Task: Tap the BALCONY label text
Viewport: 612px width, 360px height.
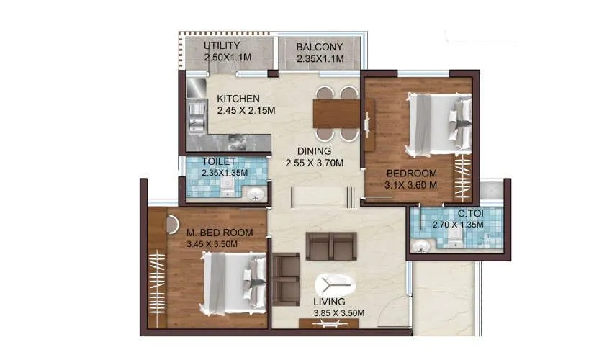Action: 320,48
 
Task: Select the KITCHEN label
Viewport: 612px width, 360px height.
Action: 238,99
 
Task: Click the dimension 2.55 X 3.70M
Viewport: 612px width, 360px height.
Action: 315,163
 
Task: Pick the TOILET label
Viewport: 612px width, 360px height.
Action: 219,161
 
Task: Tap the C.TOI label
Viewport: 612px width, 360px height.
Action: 470,213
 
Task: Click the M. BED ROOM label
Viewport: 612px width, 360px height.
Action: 220,233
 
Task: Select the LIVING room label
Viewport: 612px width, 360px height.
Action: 329,301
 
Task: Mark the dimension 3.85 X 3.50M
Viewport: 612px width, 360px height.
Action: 338,312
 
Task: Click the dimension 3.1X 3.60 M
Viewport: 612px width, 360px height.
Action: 412,185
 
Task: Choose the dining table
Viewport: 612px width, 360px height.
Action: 336,113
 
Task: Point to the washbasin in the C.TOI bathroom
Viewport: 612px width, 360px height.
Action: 423,246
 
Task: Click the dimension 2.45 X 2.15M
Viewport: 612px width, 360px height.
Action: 247,110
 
